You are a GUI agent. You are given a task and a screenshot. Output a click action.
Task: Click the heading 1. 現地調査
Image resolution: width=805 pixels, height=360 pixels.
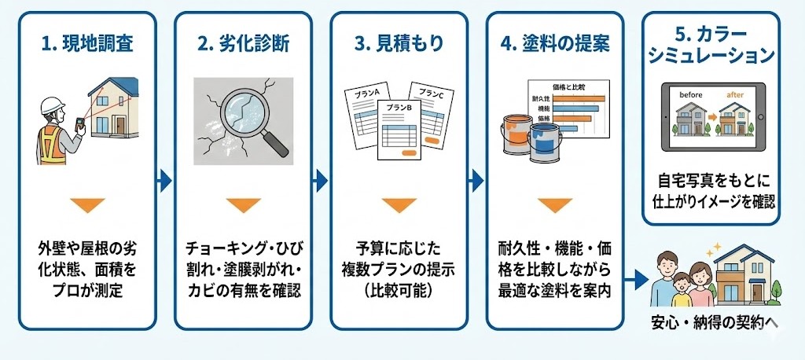[x=86, y=43]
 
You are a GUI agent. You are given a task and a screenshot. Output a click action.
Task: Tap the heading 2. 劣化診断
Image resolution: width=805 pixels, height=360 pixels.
[x=242, y=43]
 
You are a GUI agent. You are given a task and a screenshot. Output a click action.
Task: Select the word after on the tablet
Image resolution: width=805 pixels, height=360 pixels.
[x=734, y=95]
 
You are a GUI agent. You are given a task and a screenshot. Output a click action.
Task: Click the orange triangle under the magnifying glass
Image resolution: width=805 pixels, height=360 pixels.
[x=242, y=206]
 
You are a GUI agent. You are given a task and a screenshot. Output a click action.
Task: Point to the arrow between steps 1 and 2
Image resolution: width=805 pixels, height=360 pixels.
[x=164, y=181]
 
